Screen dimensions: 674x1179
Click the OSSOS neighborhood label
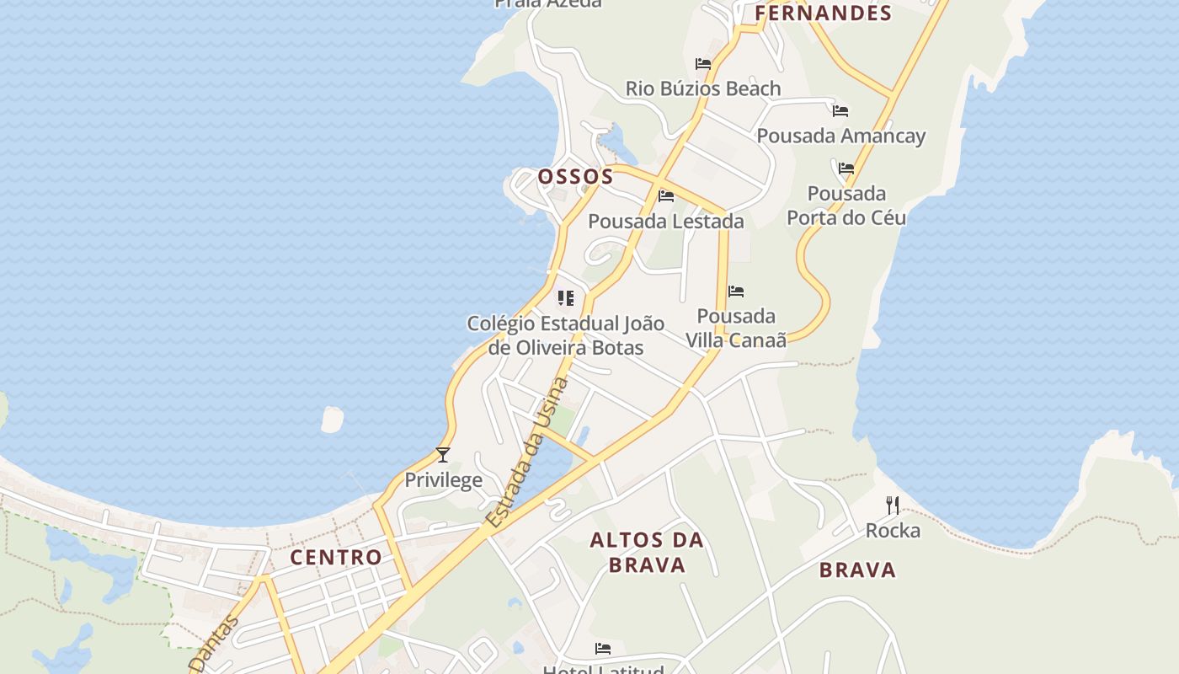576,177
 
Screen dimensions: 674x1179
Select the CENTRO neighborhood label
336,557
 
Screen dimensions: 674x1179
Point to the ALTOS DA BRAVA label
647,552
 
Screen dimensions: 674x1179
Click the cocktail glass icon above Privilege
443,455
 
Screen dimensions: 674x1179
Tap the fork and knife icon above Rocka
893,505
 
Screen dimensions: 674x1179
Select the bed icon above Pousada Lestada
666,196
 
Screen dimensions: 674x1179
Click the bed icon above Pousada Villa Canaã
736,292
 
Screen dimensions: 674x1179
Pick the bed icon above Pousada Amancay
840,110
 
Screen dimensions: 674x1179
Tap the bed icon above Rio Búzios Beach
703,63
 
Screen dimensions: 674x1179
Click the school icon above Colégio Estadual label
565,298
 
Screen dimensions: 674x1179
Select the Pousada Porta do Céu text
846,206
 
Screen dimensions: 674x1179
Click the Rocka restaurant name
893,531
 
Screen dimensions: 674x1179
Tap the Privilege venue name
444,480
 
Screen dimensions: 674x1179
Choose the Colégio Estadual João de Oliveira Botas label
565,335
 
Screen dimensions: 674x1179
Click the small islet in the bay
333,419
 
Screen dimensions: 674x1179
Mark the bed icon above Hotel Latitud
603,648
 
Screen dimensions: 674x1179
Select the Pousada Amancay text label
840,136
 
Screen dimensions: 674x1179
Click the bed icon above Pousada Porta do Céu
846,168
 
